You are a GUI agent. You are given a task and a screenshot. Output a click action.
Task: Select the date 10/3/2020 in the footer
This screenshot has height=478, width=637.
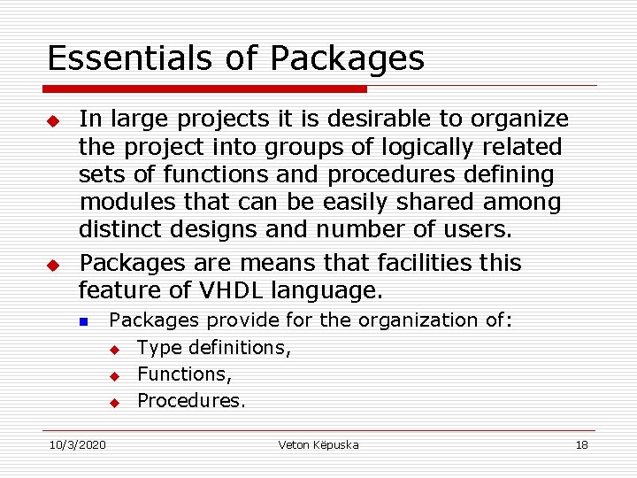[76, 444]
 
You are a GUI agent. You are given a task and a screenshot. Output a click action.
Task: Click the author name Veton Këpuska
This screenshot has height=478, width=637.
[318, 444]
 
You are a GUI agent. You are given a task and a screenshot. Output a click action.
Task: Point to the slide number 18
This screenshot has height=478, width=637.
[581, 444]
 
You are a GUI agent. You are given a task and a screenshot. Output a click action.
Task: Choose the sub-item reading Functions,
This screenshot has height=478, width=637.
[185, 374]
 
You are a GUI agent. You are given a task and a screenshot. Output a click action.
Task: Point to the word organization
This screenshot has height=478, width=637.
[419, 320]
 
